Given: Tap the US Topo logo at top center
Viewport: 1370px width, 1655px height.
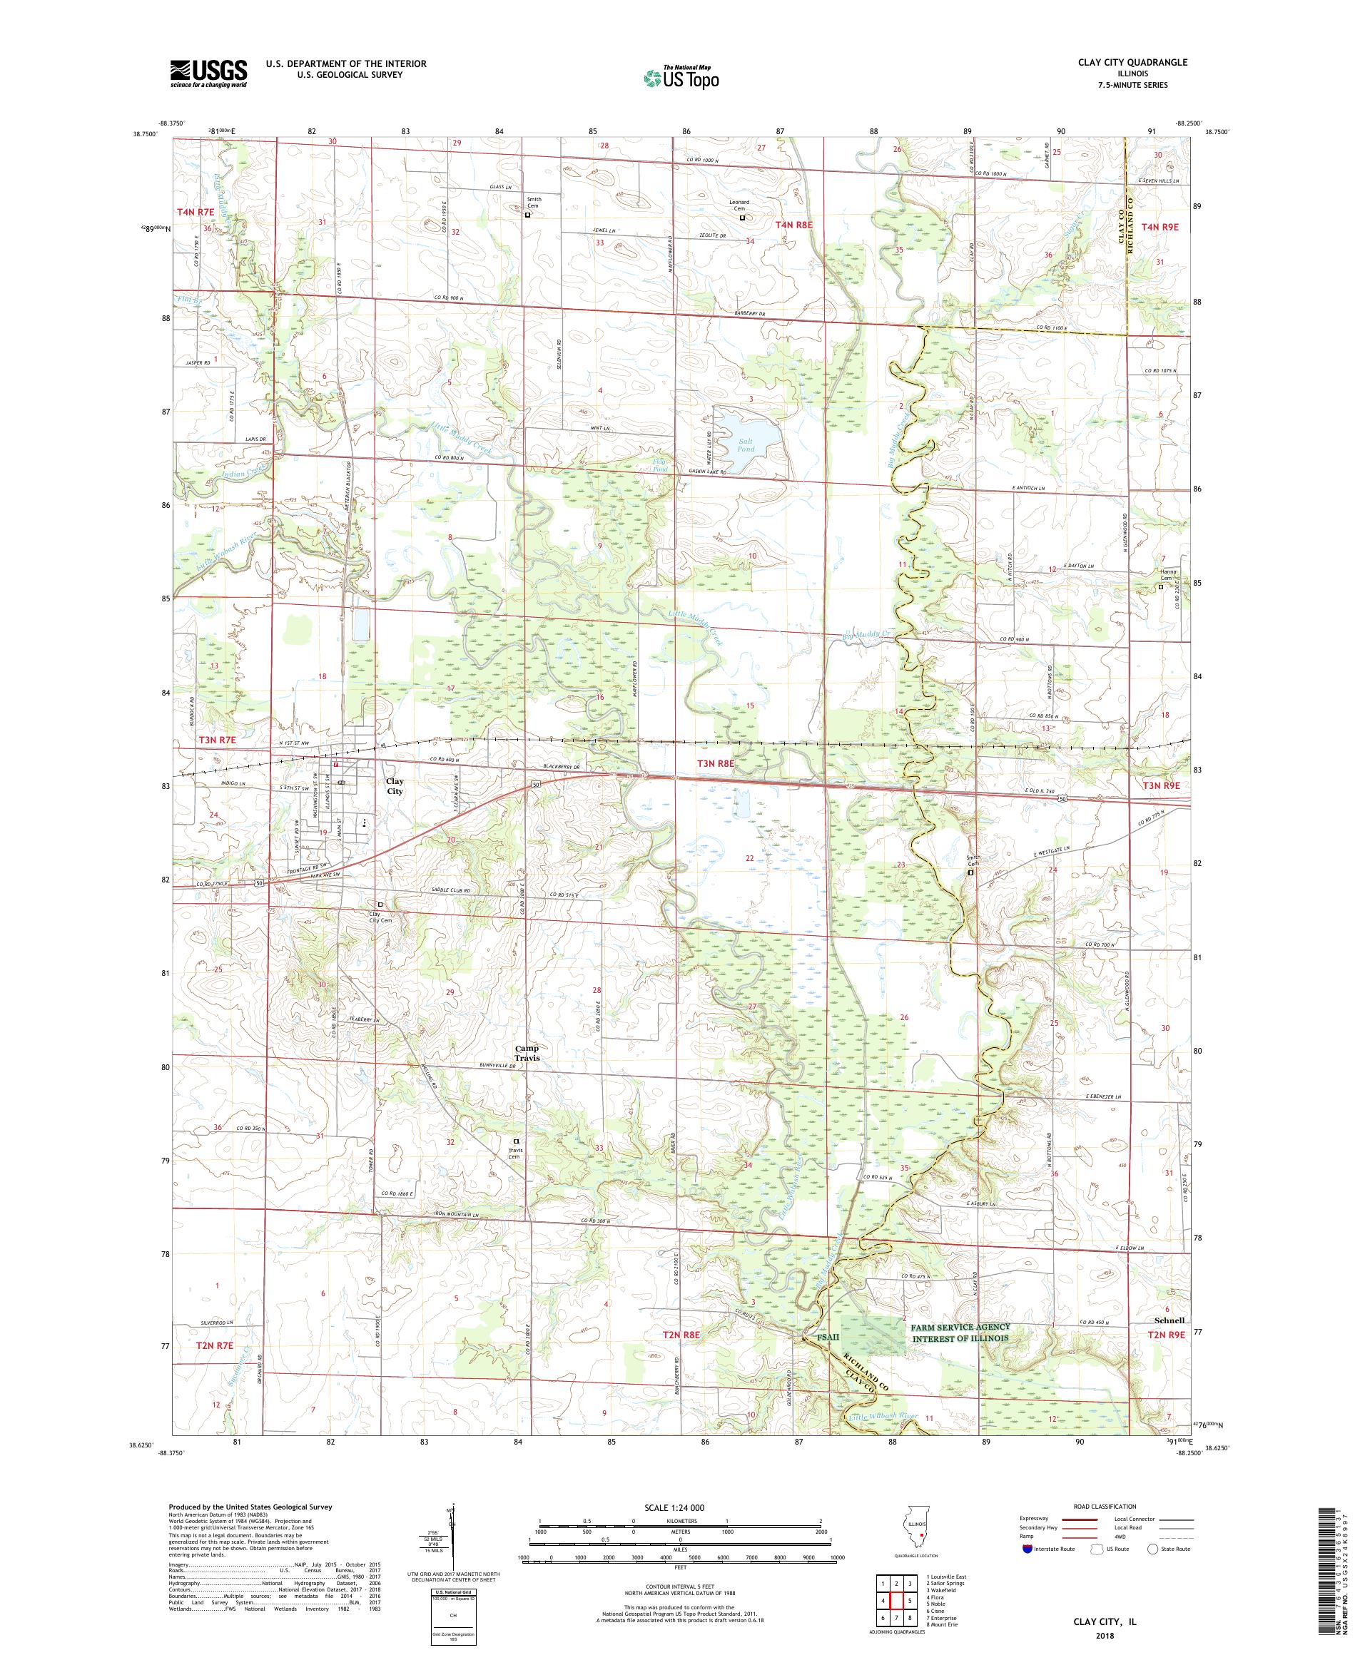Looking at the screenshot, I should [x=683, y=76].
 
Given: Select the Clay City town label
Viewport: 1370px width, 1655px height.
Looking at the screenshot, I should [x=394, y=785].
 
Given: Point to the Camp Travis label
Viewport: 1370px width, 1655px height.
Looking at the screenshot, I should [x=527, y=1053].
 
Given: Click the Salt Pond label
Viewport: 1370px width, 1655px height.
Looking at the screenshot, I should [x=746, y=444].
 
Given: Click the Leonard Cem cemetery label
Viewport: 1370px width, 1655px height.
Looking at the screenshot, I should [x=739, y=204].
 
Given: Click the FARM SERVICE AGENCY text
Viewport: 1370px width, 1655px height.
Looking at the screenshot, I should [x=960, y=1327].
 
